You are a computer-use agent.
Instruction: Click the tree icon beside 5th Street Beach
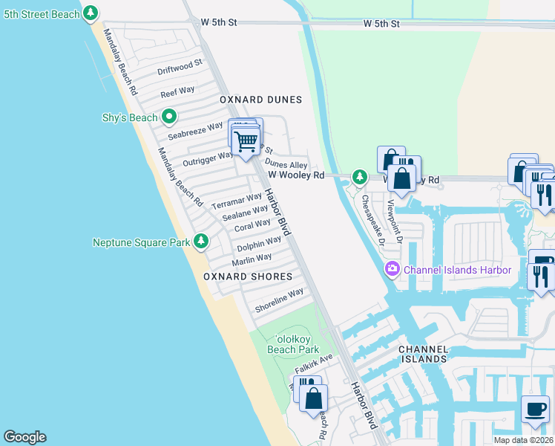coord(91,13)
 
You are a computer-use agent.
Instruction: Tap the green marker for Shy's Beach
coord(169,117)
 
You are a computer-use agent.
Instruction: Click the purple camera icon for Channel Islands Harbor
coord(392,269)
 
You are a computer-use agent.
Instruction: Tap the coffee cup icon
coord(535,409)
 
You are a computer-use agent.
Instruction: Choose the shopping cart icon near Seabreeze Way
coord(246,140)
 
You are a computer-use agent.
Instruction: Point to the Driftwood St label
coord(180,68)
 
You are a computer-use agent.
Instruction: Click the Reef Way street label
coord(177,91)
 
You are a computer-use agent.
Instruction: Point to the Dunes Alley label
coord(286,164)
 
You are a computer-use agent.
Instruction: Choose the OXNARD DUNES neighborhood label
coord(260,100)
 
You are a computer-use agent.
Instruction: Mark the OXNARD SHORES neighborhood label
coord(243,277)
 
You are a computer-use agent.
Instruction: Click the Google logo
coord(24,437)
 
